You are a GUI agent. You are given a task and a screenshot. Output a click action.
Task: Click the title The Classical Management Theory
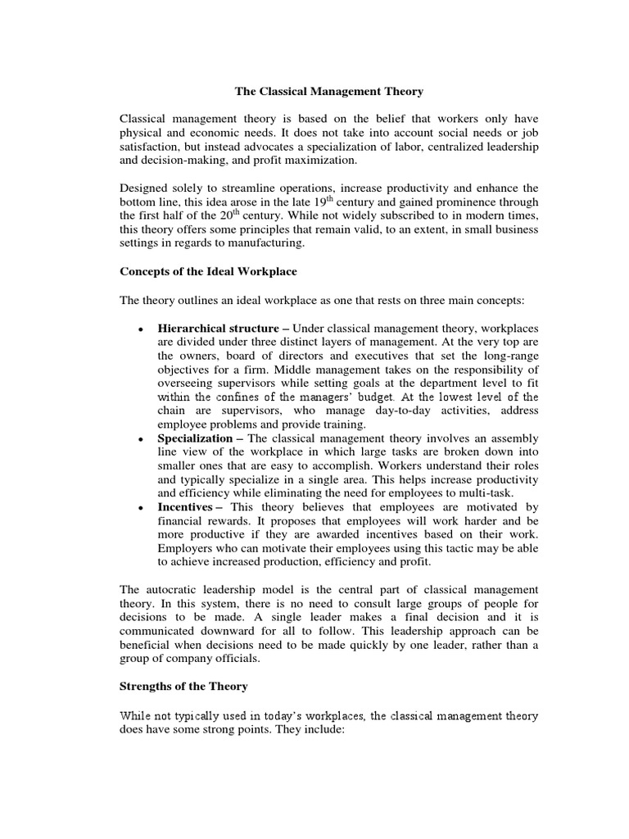tap(330, 93)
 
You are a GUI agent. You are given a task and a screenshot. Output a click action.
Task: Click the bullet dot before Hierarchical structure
tap(142, 329)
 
